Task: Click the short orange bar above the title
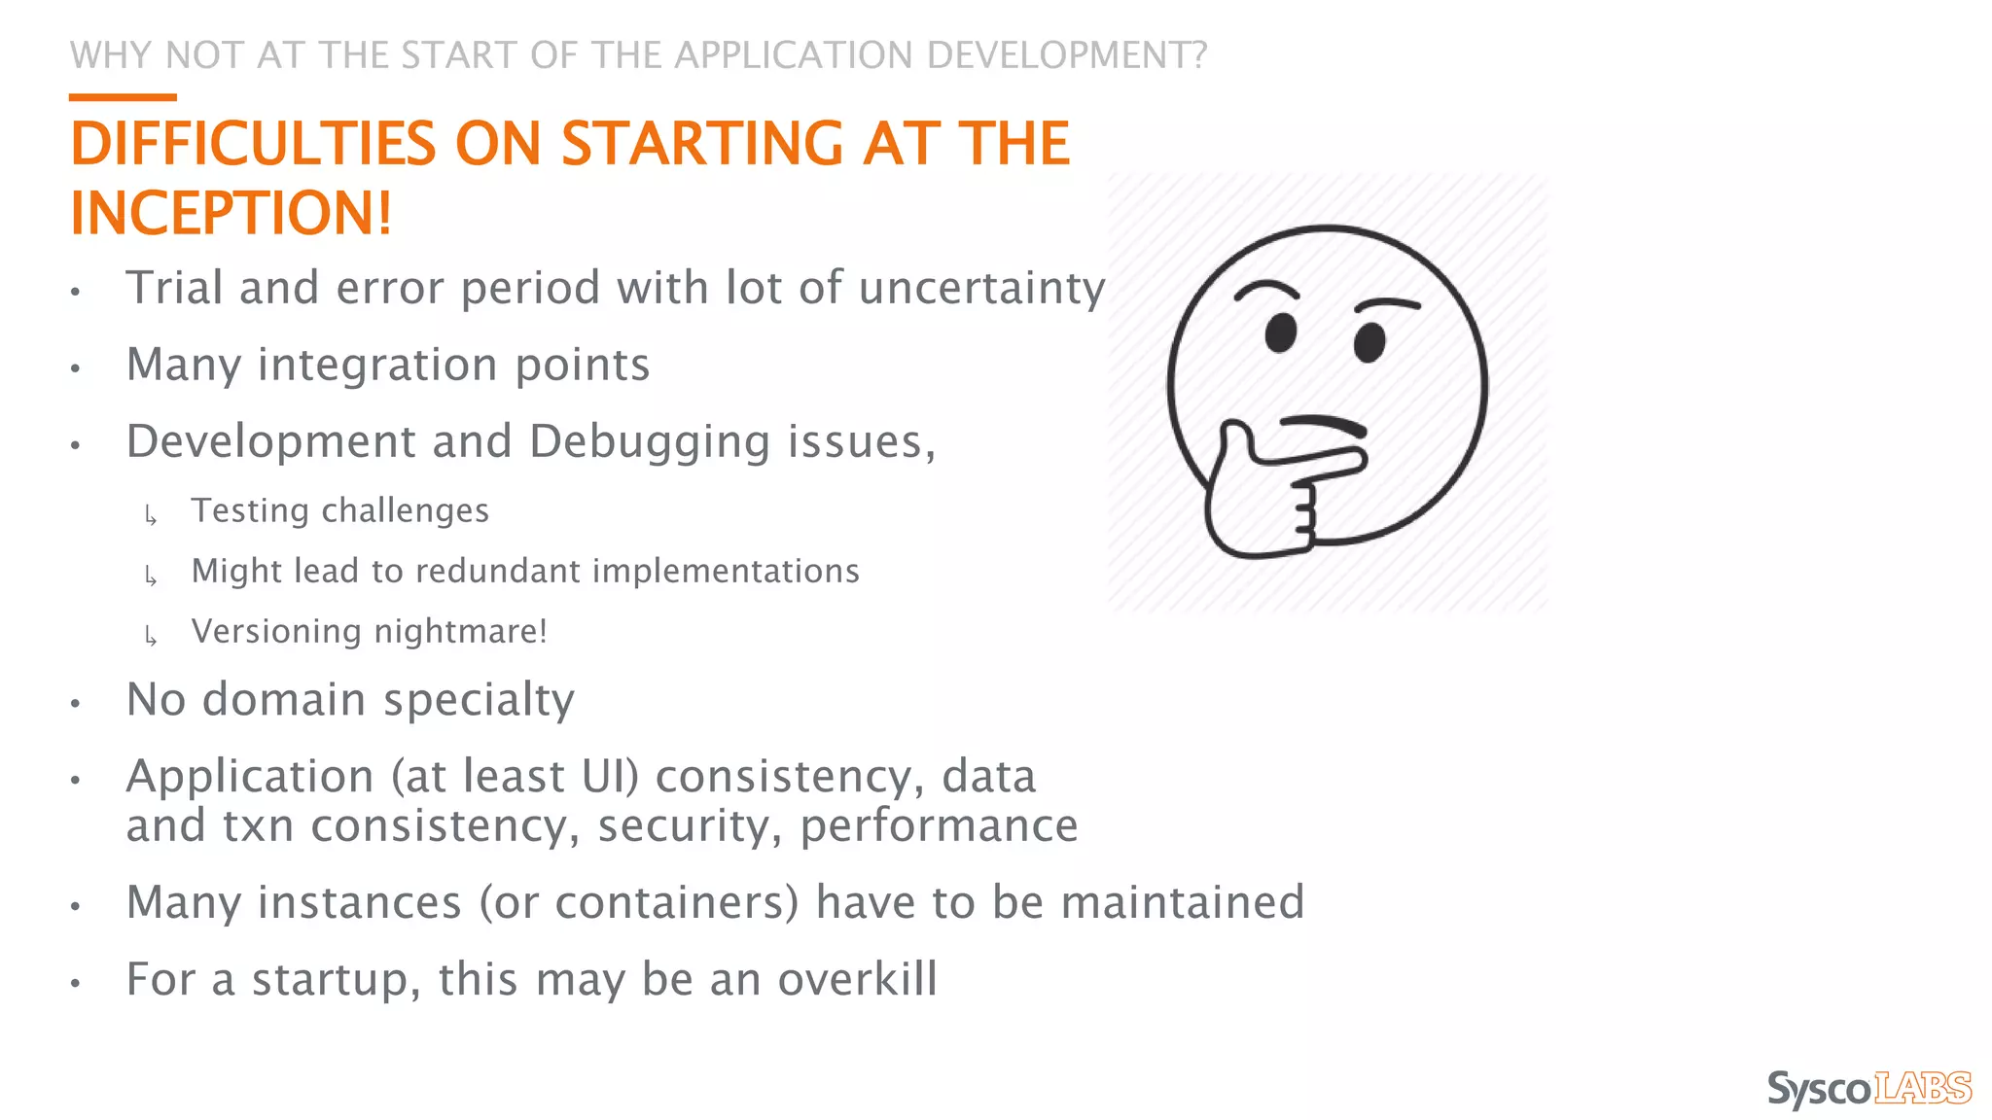pos(123,97)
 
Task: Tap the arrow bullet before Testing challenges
pos(151,515)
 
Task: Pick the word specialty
pos(479,700)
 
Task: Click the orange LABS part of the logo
pos(1922,1088)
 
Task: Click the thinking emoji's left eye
pos(1280,332)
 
